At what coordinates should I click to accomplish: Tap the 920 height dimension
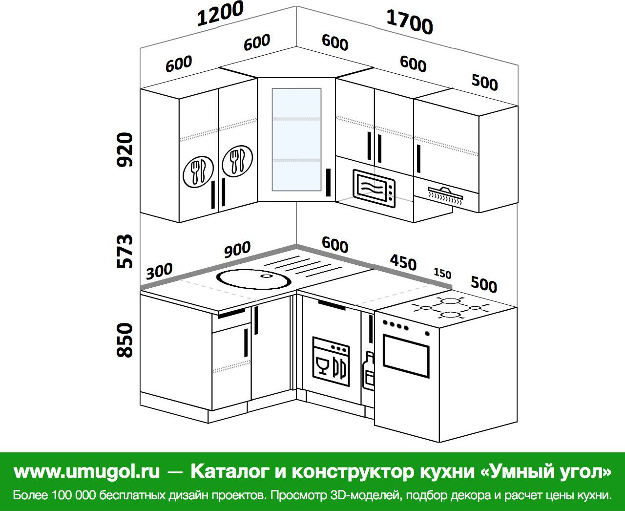(x=125, y=150)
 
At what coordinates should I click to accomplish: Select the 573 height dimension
(x=125, y=252)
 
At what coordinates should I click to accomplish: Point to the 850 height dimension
(x=125, y=340)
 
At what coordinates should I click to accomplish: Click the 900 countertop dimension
(x=237, y=250)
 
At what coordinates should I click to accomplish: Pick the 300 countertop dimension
(x=159, y=271)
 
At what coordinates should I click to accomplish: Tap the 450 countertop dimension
(x=403, y=262)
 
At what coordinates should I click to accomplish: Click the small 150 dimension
(x=442, y=273)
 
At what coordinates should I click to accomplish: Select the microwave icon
(x=375, y=188)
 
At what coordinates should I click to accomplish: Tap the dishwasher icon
(x=332, y=361)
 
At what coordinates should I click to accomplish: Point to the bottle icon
(x=368, y=370)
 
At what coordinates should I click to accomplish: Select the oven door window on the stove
(x=406, y=356)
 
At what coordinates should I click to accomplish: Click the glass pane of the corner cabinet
(x=297, y=139)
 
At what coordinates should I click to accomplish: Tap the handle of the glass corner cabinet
(x=328, y=182)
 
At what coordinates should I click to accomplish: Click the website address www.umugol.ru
(x=87, y=471)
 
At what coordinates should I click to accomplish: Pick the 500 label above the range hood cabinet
(x=485, y=82)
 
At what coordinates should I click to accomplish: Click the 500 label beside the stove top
(x=484, y=284)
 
